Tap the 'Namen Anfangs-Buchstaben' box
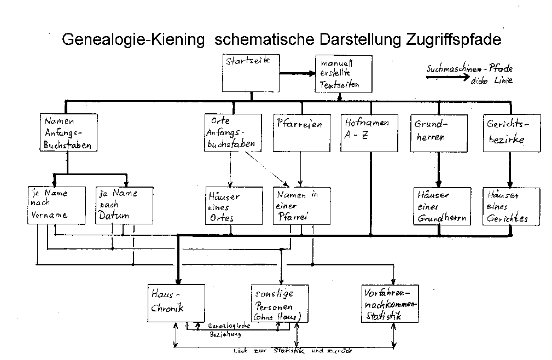point(69,132)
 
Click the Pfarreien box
point(301,132)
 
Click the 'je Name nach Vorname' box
point(56,205)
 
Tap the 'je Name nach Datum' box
point(124,205)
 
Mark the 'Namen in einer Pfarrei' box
point(301,206)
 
